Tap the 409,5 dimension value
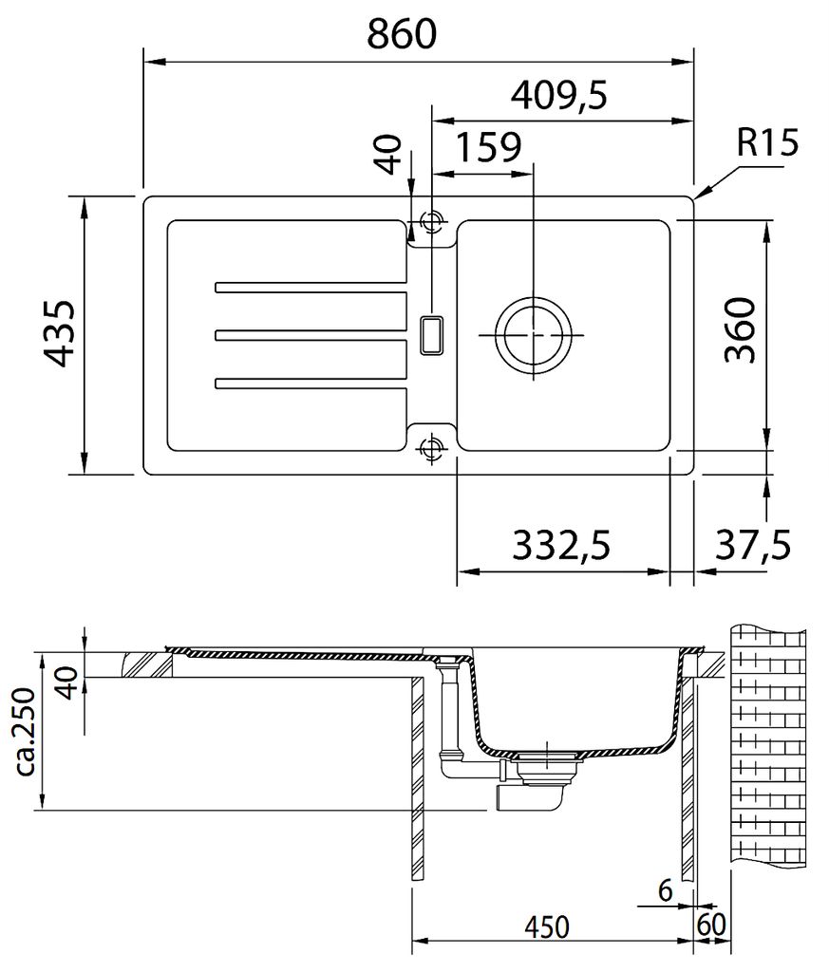(x=558, y=95)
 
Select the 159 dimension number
(x=489, y=147)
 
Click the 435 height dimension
(x=61, y=334)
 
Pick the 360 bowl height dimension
(x=741, y=330)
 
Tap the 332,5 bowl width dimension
(x=562, y=546)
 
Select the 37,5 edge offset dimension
(x=753, y=545)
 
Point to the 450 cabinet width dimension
(x=546, y=927)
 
